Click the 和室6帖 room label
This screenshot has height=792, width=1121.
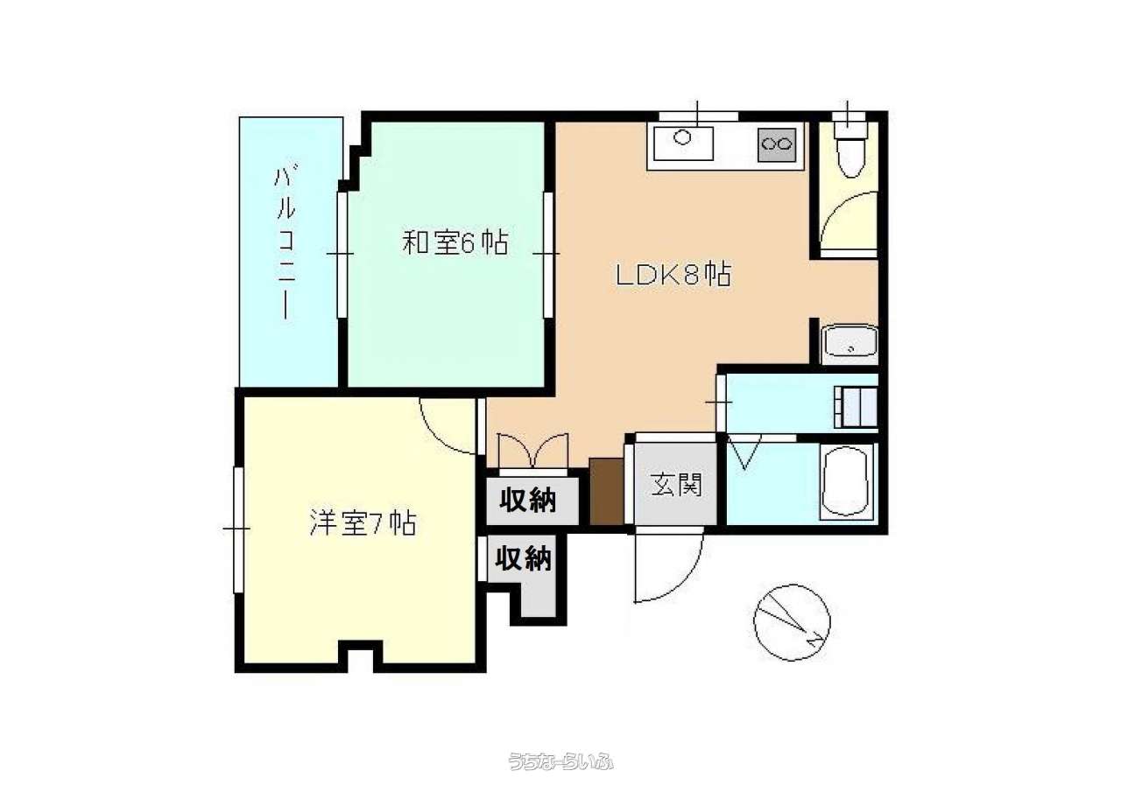[x=455, y=243]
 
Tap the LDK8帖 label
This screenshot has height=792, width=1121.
[x=673, y=275]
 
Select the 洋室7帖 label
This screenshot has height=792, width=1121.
[x=363, y=522]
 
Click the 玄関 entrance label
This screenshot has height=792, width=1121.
[x=677, y=485]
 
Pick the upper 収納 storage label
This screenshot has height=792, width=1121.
[x=528, y=501]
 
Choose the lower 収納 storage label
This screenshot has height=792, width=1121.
[x=524, y=558]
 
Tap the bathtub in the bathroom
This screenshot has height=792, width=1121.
[x=847, y=481]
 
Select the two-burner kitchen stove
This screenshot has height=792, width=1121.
[x=777, y=145]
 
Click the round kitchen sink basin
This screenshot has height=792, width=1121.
[x=682, y=137]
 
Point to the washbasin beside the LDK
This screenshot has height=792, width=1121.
[x=850, y=344]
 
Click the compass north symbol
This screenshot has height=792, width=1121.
[x=792, y=622]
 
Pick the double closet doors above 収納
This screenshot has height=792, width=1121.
[x=533, y=451]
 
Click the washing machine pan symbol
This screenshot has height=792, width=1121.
[x=857, y=407]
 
